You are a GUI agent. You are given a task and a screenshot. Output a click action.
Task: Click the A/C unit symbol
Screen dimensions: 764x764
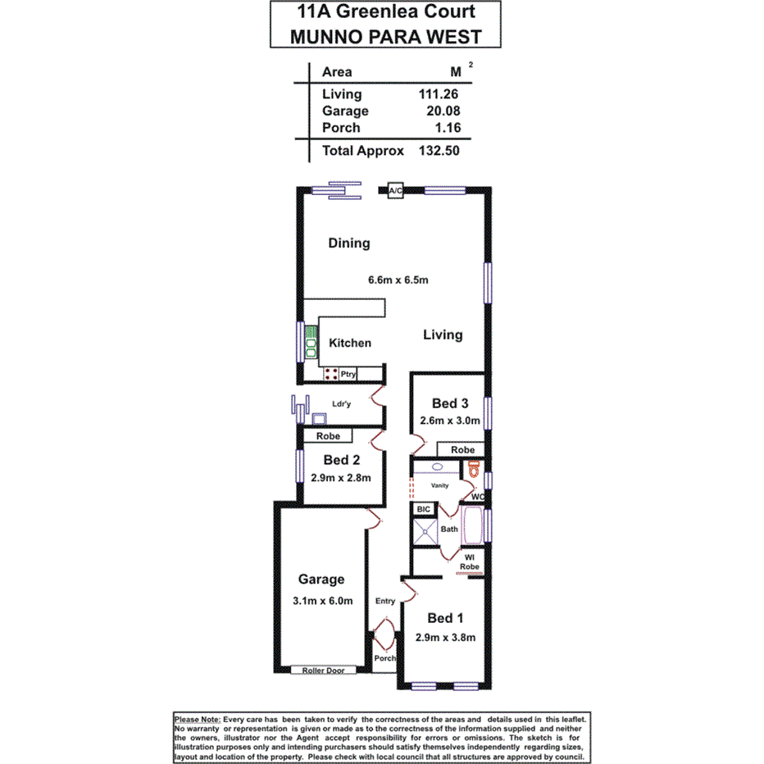pyautogui.click(x=395, y=191)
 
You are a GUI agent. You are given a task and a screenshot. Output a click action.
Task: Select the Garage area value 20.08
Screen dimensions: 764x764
pyautogui.click(x=443, y=111)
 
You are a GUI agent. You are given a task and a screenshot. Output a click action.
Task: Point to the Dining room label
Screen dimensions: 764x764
pyautogui.click(x=349, y=243)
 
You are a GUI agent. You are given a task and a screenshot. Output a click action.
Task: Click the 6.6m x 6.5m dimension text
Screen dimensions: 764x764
pyautogui.click(x=399, y=280)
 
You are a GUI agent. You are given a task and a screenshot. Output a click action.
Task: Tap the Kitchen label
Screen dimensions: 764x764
pyautogui.click(x=350, y=343)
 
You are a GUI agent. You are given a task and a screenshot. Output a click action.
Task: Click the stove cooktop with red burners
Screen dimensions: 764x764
pyautogui.click(x=331, y=374)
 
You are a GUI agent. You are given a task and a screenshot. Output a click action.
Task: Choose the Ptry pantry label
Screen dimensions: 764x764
pyautogui.click(x=349, y=375)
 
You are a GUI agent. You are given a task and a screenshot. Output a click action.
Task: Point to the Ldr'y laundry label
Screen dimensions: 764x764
pyautogui.click(x=342, y=403)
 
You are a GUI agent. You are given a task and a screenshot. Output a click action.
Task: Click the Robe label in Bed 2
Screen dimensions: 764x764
pyautogui.click(x=329, y=436)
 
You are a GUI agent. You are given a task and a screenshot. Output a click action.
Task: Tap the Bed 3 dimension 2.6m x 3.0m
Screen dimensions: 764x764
pyautogui.click(x=451, y=421)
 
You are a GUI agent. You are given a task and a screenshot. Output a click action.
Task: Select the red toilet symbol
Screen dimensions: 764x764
pyautogui.click(x=473, y=470)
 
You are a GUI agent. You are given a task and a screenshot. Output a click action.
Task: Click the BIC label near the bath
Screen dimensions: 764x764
pyautogui.click(x=424, y=509)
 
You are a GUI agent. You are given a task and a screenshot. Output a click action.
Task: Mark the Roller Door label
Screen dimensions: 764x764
pyautogui.click(x=325, y=670)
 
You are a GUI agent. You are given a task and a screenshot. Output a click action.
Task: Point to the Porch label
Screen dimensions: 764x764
pyautogui.click(x=384, y=658)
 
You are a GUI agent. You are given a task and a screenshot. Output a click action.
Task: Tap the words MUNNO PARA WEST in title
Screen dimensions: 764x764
pyautogui.click(x=384, y=36)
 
